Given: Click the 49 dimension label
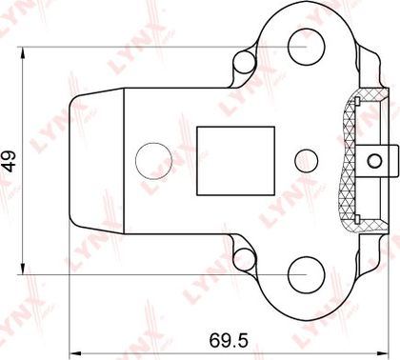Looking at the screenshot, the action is click(10, 161).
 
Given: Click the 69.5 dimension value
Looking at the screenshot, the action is click(229, 340).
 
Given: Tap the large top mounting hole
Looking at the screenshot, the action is click(307, 47).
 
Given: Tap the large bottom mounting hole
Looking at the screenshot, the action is click(307, 274).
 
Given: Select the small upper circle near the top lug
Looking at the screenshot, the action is click(245, 62).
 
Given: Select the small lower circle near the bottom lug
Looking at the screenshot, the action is click(245, 260).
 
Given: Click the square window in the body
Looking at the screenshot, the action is click(235, 161).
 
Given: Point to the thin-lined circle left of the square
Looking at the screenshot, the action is click(153, 161).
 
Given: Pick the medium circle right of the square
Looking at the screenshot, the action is click(307, 161).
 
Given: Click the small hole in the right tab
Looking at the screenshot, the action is click(374, 161).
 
